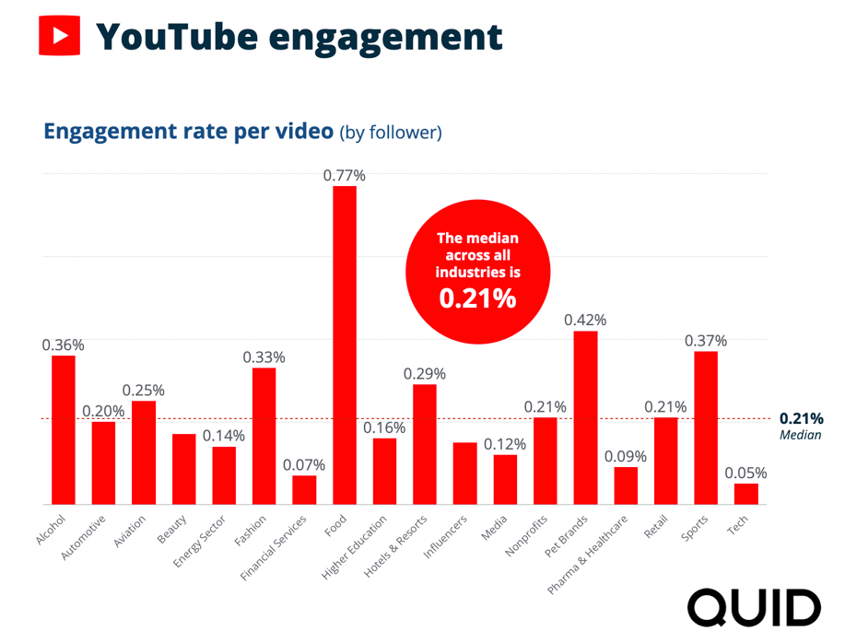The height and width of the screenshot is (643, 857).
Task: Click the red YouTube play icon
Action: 59,36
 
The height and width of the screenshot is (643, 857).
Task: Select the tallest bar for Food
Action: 345,345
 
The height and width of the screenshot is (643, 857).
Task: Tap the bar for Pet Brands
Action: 586,417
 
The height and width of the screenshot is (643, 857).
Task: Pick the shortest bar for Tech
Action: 746,494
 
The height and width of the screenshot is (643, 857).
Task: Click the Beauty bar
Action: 183,469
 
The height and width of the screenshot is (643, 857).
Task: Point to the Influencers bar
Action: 465,473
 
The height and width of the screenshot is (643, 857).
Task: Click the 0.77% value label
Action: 345,175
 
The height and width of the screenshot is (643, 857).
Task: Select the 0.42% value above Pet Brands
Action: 586,320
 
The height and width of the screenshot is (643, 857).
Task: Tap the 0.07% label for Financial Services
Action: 304,464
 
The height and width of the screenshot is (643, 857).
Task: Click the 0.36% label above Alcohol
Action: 64,345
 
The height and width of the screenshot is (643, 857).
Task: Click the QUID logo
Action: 754,607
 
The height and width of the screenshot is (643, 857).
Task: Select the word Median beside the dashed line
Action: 800,435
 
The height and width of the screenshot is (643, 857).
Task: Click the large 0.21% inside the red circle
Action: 477,298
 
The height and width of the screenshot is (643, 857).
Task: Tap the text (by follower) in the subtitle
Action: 391,133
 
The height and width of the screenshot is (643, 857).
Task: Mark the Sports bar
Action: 706,427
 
